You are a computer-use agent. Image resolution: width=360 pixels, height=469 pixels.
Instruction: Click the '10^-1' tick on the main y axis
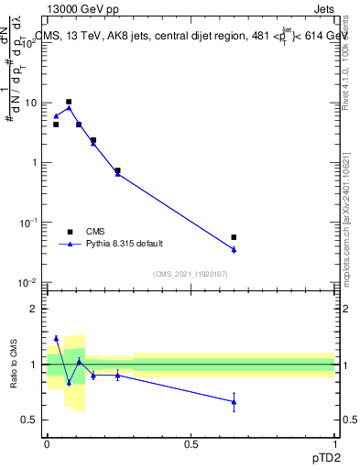coord(31,223)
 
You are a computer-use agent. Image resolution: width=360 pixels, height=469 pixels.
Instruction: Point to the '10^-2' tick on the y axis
coord(31,282)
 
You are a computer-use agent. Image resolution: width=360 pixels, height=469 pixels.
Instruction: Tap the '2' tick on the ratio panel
coord(36,310)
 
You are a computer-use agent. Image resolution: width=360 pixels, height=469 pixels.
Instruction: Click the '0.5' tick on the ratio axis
coord(32,420)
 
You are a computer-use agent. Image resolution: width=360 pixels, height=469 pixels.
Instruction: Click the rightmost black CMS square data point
coord(234,237)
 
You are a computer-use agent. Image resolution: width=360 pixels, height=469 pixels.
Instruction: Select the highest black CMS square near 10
coord(69,102)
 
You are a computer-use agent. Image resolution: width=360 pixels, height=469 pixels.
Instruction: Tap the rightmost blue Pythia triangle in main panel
coord(234,249)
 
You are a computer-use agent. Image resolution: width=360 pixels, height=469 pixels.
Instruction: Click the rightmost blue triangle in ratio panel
coord(234,401)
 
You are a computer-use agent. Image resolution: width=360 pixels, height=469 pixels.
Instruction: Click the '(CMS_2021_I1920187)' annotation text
coord(191,274)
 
